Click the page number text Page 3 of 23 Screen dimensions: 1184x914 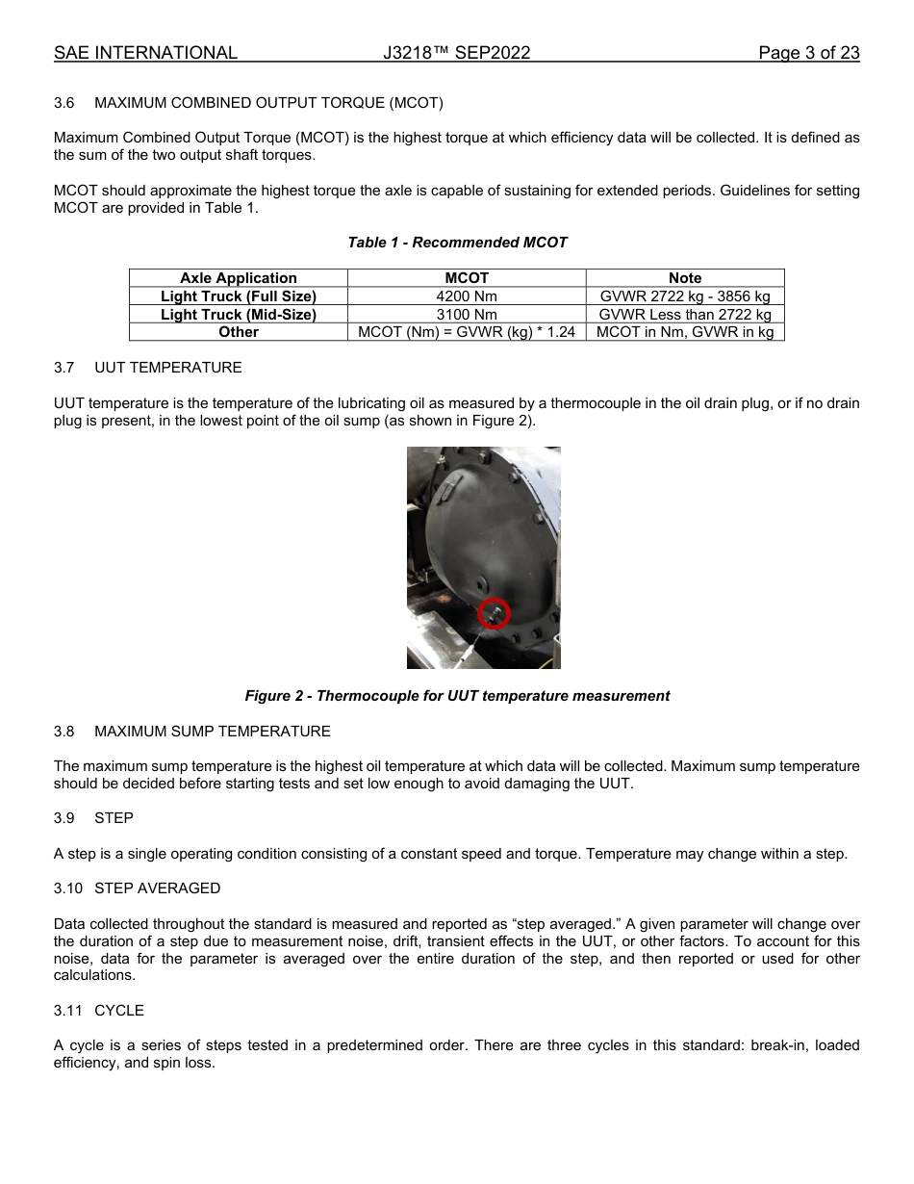click(808, 53)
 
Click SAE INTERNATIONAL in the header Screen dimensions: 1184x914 click(145, 53)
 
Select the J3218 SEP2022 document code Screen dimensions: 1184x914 click(456, 53)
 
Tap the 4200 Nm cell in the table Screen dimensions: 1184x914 click(467, 296)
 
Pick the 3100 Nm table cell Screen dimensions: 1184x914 click(467, 315)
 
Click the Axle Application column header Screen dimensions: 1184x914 click(239, 278)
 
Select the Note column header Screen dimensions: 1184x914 click(685, 278)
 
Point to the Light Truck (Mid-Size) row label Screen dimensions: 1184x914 click(239, 315)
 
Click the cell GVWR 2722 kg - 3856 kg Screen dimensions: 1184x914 click(685, 296)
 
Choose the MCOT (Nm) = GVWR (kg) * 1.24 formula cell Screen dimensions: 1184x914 click(467, 332)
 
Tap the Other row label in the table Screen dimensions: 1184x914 click(239, 332)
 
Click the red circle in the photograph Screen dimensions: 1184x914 click(494, 613)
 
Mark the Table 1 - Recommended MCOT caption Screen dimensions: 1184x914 click(457, 243)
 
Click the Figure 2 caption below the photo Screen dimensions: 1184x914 click(457, 696)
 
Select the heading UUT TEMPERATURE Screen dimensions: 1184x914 click(168, 368)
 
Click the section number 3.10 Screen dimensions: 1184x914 click(67, 888)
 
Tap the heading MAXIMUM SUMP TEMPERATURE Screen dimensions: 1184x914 click(212, 732)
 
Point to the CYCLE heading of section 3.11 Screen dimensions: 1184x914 click(119, 1011)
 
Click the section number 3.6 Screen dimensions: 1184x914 click(64, 103)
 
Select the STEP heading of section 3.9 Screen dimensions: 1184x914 click(114, 818)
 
